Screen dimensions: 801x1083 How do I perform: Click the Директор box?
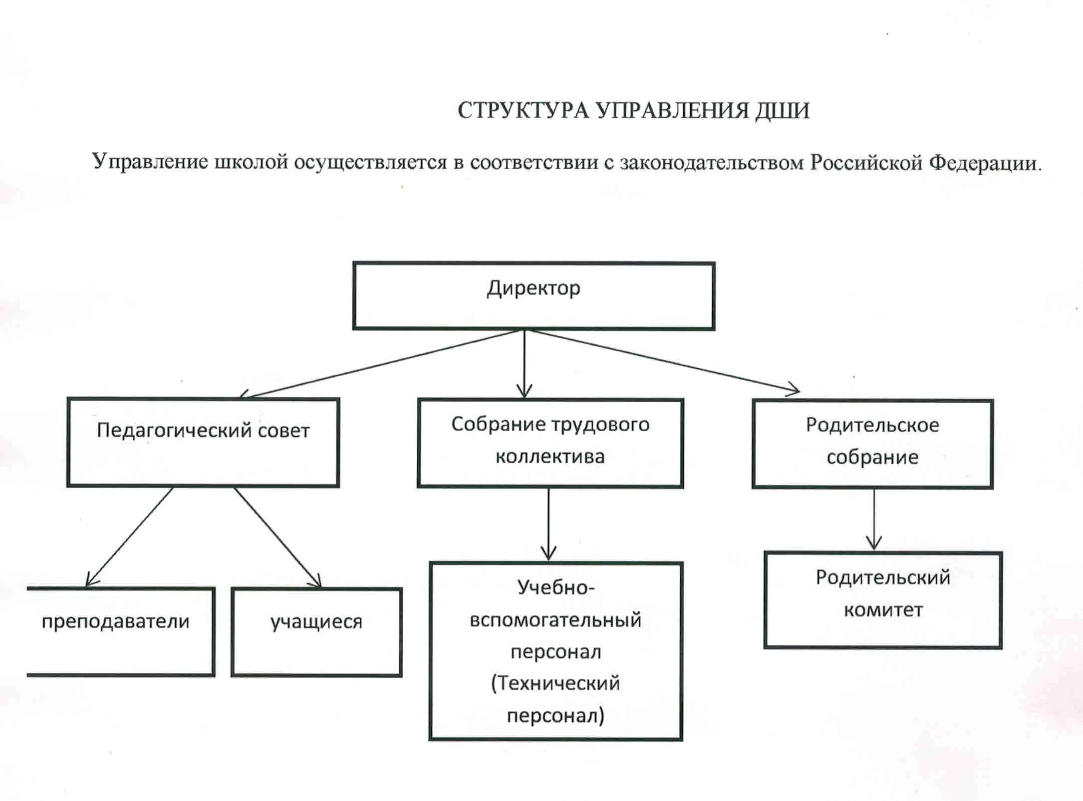click(x=534, y=296)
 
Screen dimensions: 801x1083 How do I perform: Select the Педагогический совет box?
click(x=203, y=442)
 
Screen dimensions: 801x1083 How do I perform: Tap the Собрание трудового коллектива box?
click(x=550, y=443)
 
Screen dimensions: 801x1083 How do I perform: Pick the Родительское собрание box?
click(x=872, y=444)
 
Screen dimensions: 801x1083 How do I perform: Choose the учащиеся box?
click(x=316, y=632)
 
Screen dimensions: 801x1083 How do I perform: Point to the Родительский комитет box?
click(x=883, y=600)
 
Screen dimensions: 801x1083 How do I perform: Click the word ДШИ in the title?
click(x=782, y=110)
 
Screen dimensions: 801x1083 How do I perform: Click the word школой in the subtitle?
click(x=251, y=162)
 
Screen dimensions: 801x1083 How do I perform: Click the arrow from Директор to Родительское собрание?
click(x=664, y=361)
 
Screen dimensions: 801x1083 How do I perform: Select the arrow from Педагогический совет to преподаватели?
click(x=130, y=536)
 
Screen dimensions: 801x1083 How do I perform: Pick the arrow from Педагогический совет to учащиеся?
click(x=277, y=536)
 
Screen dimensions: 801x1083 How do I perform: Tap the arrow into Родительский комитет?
click(x=874, y=519)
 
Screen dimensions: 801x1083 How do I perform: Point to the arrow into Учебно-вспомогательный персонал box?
click(x=548, y=524)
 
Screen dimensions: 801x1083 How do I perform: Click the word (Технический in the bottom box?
click(x=555, y=683)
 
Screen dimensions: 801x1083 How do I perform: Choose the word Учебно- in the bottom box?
click(x=555, y=588)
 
